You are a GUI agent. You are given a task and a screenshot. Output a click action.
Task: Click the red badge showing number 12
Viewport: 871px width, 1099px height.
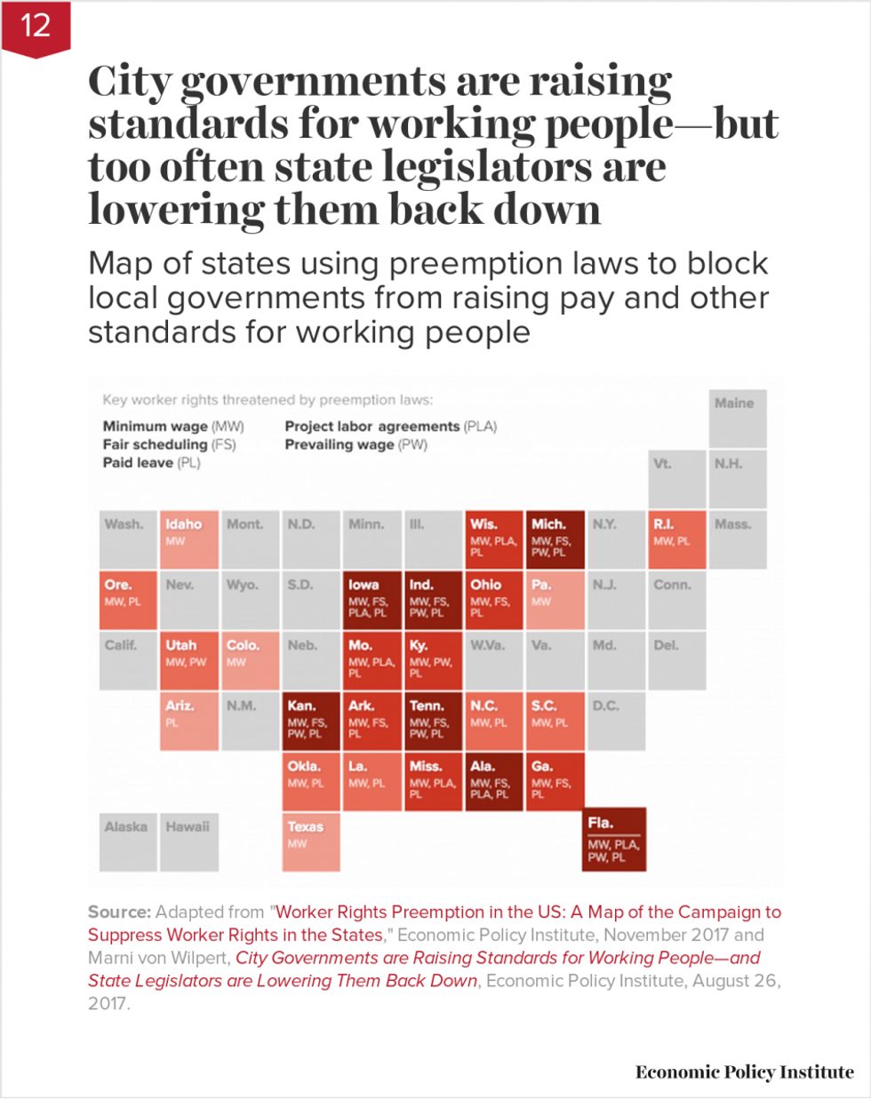pos(36,27)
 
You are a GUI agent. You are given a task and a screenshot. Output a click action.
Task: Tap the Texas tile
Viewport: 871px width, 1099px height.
pos(311,840)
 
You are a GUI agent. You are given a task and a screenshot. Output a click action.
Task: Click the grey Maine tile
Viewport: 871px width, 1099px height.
pos(737,418)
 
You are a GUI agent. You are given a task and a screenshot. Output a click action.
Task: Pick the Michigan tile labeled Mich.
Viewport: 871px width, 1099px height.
pos(555,539)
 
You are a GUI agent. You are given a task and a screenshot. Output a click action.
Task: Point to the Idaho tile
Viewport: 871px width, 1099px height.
pos(189,539)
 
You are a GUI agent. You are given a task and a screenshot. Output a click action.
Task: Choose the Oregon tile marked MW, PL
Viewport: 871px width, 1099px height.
pos(128,600)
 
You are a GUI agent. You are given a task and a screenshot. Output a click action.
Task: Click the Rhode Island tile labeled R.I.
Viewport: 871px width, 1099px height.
pos(677,539)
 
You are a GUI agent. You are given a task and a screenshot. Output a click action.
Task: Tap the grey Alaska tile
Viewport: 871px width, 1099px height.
pos(128,840)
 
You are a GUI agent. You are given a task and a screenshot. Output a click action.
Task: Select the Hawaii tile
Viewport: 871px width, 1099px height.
pos(189,840)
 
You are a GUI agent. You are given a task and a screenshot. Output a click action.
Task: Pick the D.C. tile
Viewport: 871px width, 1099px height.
pos(616,721)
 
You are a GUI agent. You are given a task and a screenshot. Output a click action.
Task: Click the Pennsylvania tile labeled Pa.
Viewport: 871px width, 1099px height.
pos(555,600)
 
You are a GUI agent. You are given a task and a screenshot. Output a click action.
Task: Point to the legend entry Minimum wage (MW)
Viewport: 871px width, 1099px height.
pos(172,426)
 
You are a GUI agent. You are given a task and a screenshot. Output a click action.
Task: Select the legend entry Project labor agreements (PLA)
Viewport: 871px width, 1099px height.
pos(390,426)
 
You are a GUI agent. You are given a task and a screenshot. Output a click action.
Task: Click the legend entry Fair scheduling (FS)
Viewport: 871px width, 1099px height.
pos(169,444)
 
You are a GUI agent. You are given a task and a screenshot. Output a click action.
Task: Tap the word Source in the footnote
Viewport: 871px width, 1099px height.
pos(119,912)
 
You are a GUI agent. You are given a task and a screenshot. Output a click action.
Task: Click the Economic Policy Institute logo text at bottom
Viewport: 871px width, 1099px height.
pos(744,1072)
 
